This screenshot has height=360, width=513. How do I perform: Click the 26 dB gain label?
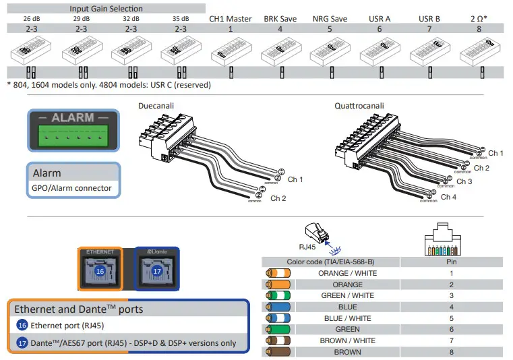(31, 19)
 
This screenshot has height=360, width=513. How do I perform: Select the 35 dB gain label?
(181, 19)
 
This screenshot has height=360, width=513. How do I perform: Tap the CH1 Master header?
(230, 19)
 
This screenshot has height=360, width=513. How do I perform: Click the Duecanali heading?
(159, 106)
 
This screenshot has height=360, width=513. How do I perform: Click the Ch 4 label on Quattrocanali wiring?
(448, 197)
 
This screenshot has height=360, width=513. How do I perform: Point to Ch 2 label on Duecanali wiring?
(278, 198)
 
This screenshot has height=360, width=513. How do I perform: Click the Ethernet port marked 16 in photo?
(100, 270)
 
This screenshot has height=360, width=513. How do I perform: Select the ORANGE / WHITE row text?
(347, 273)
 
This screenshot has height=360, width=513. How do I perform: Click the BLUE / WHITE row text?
(347, 318)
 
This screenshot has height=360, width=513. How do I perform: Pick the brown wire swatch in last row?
(278, 352)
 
